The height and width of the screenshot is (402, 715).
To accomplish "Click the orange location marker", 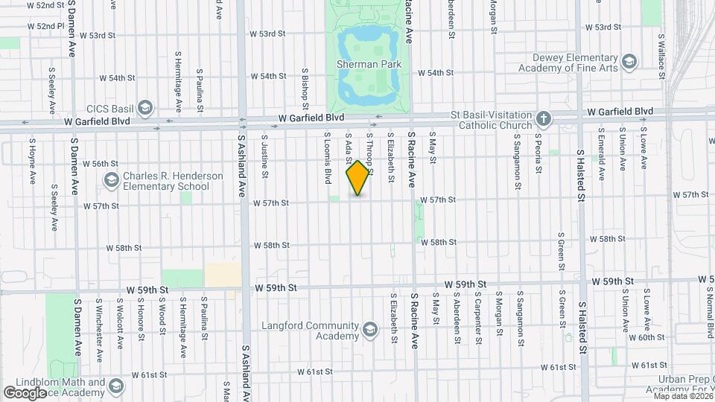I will pos(358,177).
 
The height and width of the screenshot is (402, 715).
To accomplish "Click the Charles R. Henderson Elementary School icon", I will pos(112,180).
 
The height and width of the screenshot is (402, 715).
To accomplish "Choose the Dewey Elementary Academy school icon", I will pos(629,61).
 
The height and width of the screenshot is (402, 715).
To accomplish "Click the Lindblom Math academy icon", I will pos(115,386).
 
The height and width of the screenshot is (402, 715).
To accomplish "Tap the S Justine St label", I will pos(264,156).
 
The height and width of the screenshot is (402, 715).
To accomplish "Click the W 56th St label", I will pos(101,163).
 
